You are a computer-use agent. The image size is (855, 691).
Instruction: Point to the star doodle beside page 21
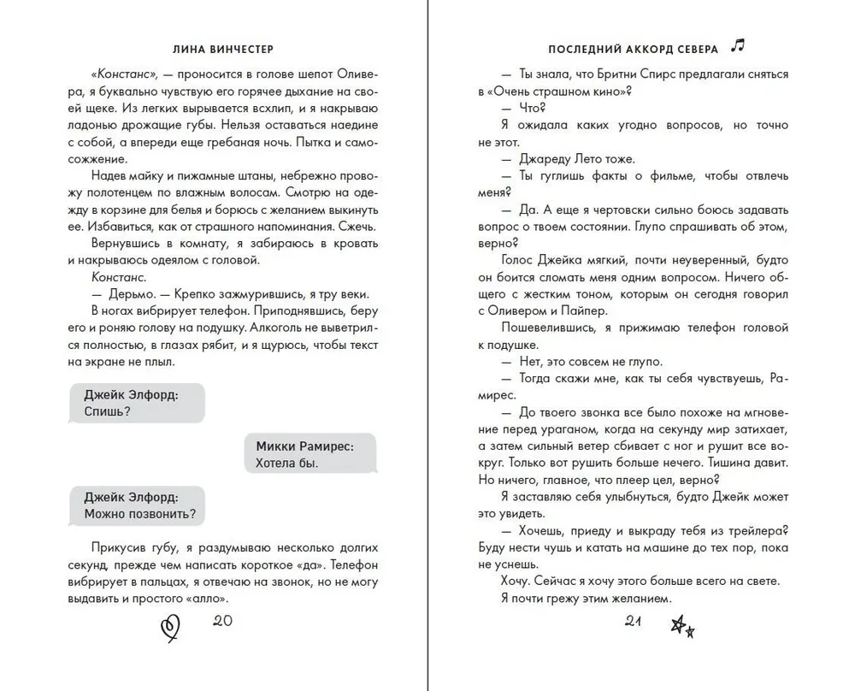pos(681,629)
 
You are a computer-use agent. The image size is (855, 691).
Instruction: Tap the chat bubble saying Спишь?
pos(133,402)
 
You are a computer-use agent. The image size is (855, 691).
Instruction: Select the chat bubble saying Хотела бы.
pos(304,455)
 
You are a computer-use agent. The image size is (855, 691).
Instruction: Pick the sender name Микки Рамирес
pos(304,446)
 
